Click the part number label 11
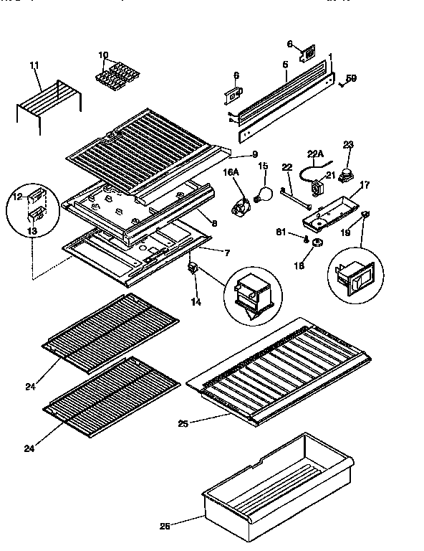[34, 66]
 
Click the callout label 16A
[230, 172]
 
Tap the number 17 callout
[365, 185]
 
